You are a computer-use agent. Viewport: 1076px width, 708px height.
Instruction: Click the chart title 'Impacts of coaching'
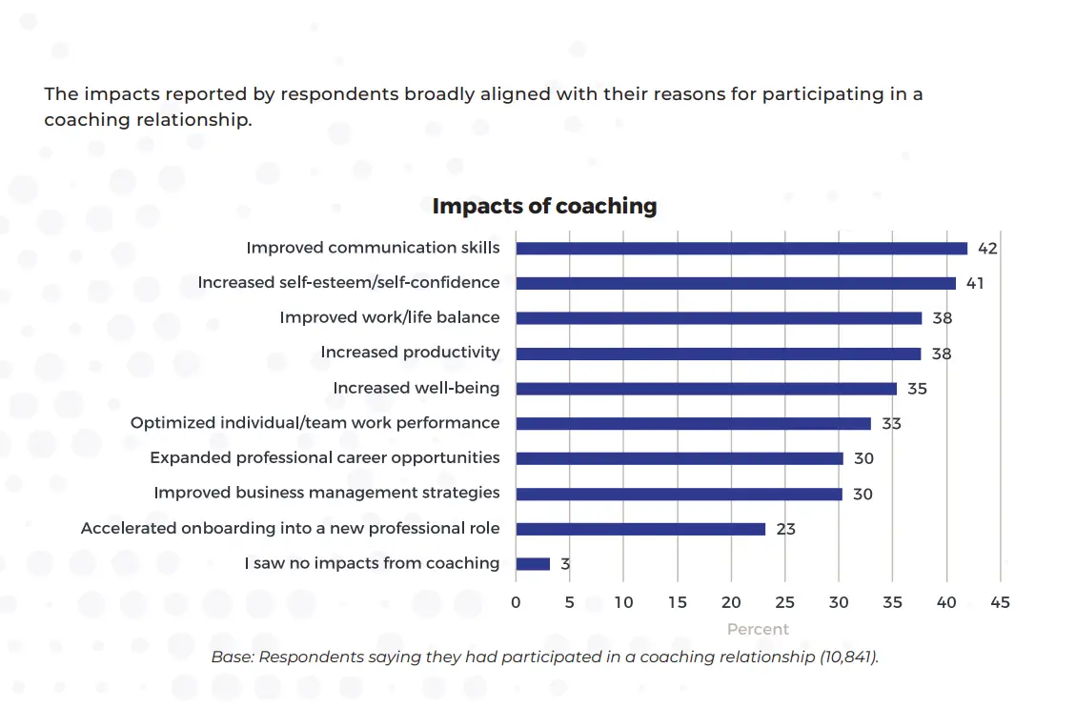click(544, 206)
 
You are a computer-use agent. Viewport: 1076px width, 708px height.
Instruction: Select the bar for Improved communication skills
click(741, 248)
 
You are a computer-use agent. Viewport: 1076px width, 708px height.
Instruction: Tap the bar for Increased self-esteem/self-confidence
click(736, 283)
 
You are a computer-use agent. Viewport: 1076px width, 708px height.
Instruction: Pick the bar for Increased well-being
click(706, 389)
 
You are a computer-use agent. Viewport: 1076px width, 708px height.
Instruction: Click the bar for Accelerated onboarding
click(640, 529)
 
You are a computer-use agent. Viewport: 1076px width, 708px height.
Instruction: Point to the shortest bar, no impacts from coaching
click(533, 564)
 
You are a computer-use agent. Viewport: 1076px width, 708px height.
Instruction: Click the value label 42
click(987, 249)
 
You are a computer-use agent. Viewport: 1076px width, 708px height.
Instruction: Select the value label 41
click(974, 284)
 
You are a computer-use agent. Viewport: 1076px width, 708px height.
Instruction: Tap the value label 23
click(785, 529)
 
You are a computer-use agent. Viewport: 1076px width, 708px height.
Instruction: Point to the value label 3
click(565, 564)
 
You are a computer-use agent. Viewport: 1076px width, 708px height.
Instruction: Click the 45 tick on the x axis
click(1000, 602)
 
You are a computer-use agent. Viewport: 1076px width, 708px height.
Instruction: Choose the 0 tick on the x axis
click(516, 602)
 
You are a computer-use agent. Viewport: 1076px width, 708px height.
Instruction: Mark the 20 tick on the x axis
click(731, 602)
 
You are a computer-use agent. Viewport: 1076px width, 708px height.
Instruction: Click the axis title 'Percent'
click(758, 629)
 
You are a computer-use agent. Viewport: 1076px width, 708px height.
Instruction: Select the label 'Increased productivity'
click(410, 353)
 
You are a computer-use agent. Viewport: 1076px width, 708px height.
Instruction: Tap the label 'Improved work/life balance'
click(389, 317)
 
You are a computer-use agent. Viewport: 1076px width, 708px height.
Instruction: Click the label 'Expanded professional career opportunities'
click(324, 458)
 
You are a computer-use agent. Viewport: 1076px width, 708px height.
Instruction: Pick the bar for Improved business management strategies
click(679, 494)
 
